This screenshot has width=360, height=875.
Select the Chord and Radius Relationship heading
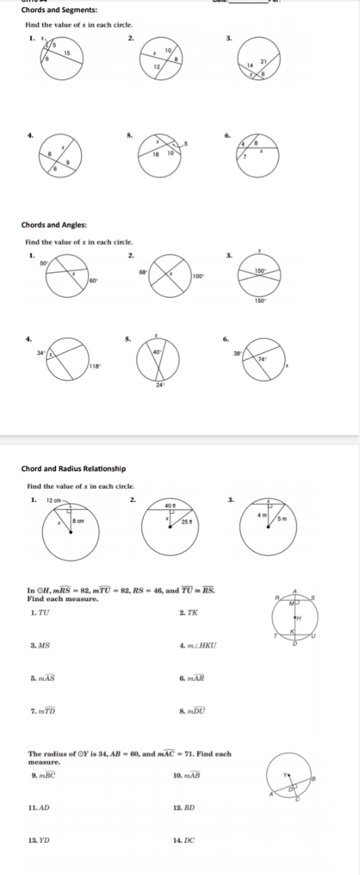click(x=73, y=469)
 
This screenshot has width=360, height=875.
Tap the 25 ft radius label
click(x=185, y=522)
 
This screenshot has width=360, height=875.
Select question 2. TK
click(x=187, y=611)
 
